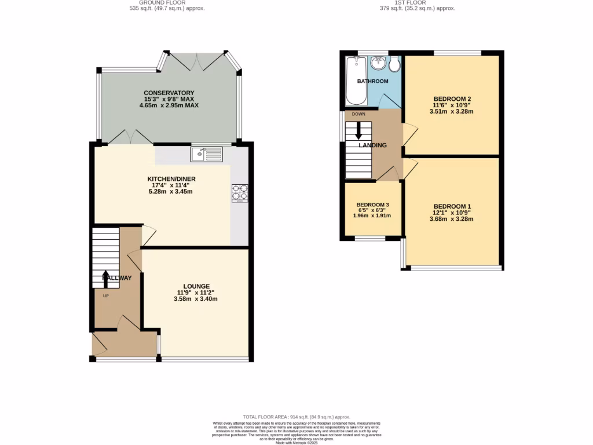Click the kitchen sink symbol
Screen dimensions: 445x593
tap(206, 154)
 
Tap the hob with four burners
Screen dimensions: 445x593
tap(240, 193)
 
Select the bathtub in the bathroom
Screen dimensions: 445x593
tap(352, 81)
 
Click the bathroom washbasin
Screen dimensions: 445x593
tap(378, 62)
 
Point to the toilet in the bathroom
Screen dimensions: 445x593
tap(395, 64)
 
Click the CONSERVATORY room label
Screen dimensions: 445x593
tap(169, 93)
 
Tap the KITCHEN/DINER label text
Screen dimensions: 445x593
tap(169, 179)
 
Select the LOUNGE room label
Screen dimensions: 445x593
tap(196, 286)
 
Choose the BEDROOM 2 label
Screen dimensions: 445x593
tap(452, 99)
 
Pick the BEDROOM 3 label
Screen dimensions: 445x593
tap(372, 205)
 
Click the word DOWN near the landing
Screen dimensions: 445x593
tap(358, 114)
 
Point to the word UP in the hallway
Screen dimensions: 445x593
tap(105, 296)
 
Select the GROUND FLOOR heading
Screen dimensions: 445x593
tap(167, 2)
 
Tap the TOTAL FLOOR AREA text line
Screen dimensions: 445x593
tap(296, 417)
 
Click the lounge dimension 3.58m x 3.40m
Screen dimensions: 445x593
tap(196, 299)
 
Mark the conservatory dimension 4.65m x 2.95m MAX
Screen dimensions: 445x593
tap(169, 105)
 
